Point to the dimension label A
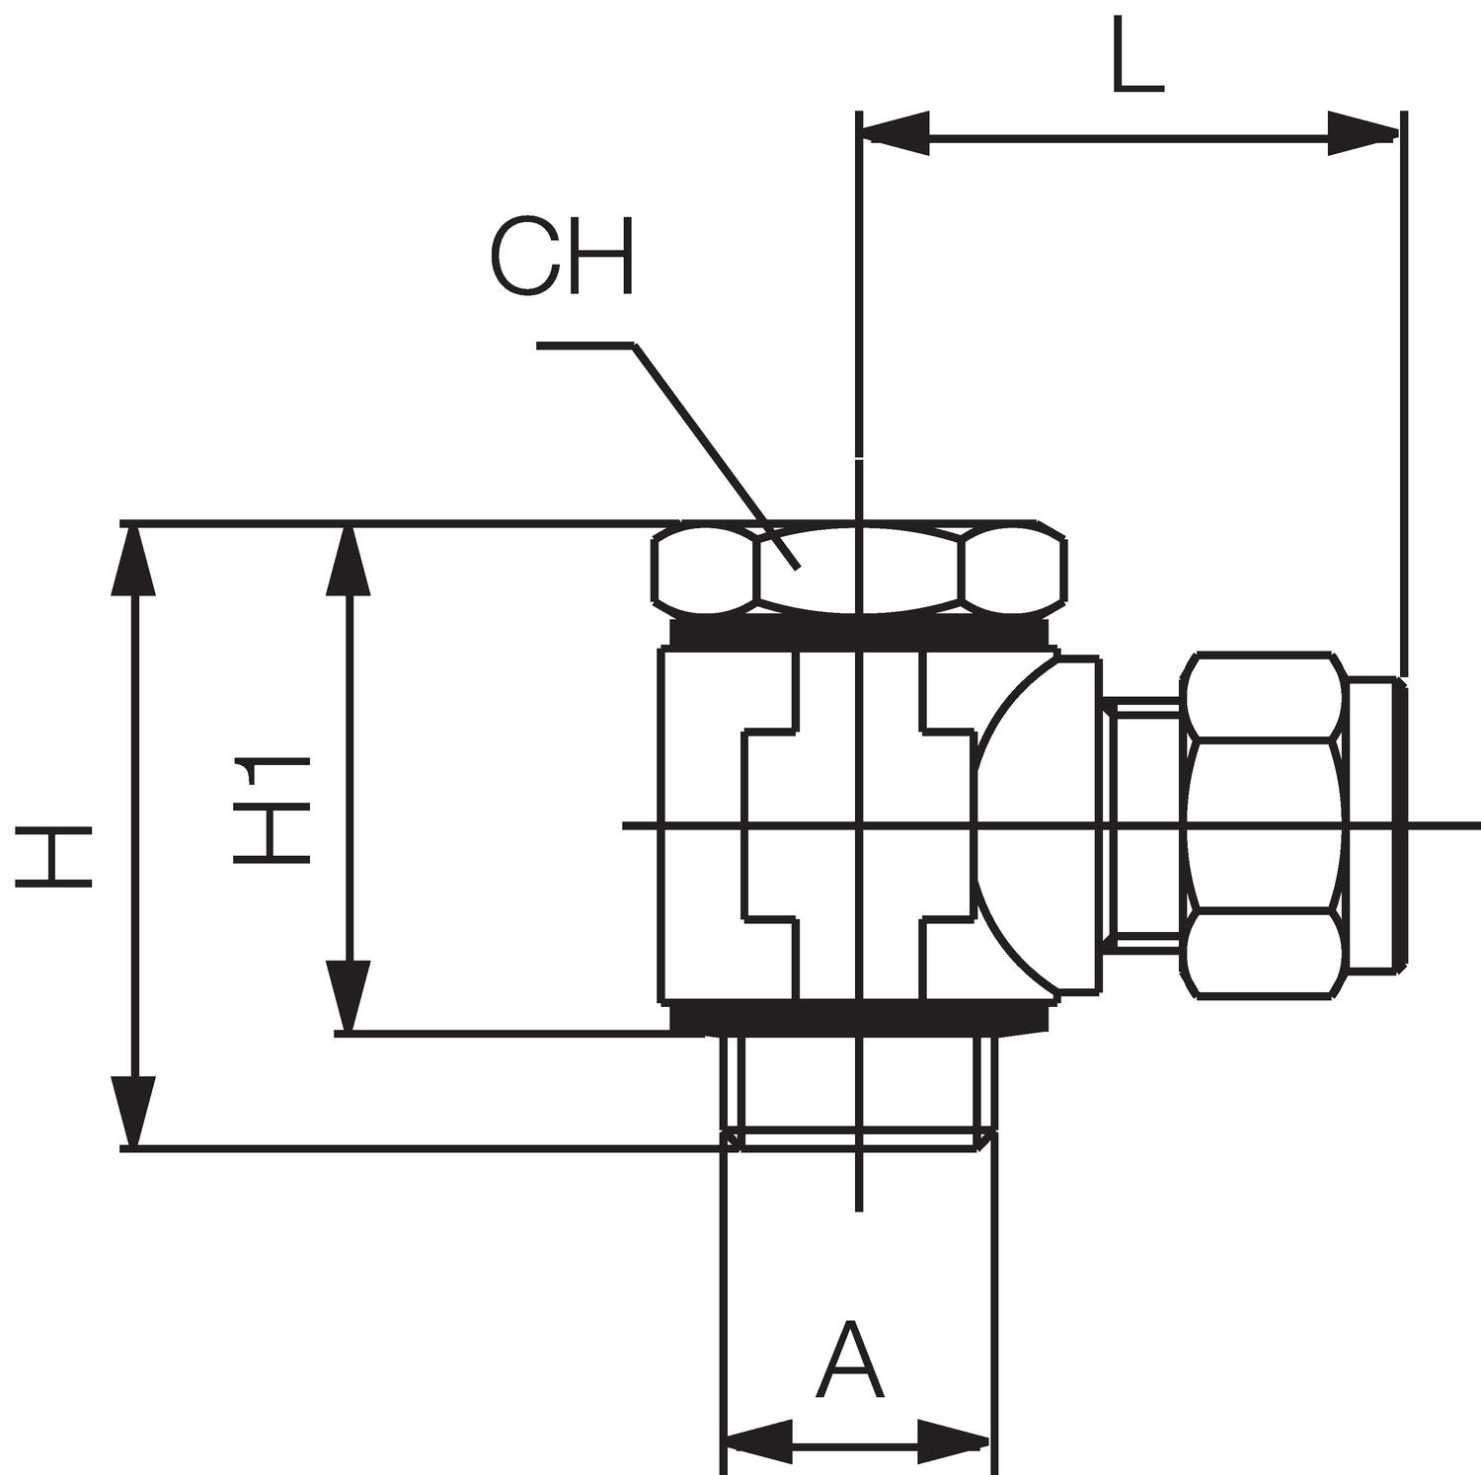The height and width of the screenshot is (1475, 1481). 850,1362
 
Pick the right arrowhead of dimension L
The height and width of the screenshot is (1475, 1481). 1364,132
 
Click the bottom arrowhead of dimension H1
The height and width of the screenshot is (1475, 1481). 348,997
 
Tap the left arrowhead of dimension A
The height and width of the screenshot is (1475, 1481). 759,1441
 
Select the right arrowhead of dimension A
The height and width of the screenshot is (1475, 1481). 954,1441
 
